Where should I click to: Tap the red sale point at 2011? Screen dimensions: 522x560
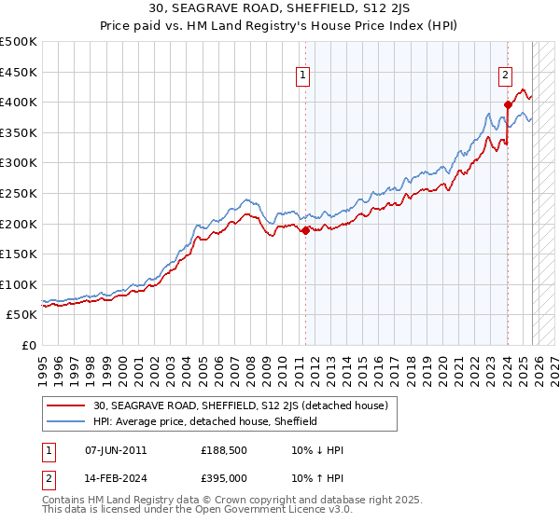305,231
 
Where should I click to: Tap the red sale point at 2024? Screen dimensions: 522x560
508,104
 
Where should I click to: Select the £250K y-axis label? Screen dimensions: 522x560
19,193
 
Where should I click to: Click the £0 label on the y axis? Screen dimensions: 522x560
28,345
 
